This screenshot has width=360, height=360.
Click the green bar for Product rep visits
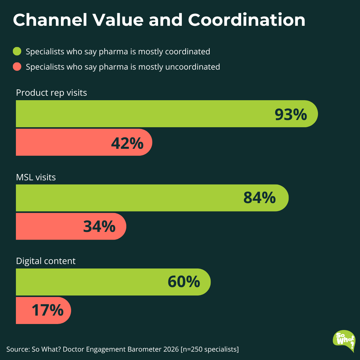167,114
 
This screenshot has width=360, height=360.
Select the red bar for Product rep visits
84,142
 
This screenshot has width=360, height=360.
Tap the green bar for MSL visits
152,198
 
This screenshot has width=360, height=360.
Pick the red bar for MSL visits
71,226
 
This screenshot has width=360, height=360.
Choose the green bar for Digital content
113,282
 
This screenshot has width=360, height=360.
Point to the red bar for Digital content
43,310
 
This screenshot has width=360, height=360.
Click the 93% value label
291,114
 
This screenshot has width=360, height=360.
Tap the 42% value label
127,143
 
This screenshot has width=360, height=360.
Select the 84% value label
259,197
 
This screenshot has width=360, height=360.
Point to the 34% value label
99,226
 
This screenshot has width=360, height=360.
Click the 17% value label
48,310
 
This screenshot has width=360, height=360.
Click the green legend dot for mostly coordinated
17,51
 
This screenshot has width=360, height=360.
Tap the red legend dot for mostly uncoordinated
17,67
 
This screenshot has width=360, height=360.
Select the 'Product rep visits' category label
51,93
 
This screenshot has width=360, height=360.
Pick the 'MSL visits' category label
36,177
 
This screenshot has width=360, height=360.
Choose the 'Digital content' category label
46,261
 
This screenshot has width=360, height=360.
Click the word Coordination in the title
247,20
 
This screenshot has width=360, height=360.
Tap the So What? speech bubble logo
344,341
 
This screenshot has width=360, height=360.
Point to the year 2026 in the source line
171,349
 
